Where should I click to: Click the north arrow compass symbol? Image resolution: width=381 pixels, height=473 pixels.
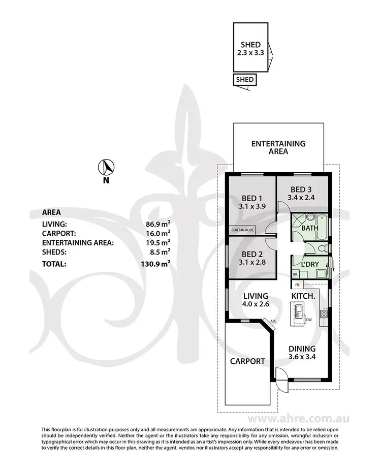pos(106,166)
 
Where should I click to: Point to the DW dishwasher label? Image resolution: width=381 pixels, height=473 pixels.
pos(308,320)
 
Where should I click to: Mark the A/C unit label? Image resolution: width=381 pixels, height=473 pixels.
pos(273,321)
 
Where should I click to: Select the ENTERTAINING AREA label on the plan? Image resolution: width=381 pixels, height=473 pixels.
pos(278,147)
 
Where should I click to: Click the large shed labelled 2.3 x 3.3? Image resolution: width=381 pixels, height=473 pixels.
pos(251,48)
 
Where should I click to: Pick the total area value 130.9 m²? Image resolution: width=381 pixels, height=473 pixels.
pos(156,264)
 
